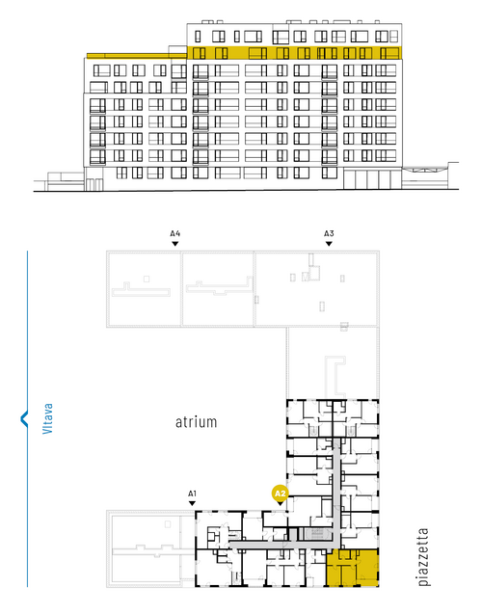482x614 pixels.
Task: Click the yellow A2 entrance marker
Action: point(280,493)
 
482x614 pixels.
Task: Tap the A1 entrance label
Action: point(192,494)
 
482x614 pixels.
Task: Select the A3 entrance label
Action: point(329,233)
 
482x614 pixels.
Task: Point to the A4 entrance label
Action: point(175,233)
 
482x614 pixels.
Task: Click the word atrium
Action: point(196,422)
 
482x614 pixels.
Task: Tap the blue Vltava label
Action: point(47,418)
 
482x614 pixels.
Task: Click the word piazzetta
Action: point(423,557)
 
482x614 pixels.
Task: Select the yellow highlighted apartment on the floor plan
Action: point(353,568)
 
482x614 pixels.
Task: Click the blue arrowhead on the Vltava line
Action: point(24,418)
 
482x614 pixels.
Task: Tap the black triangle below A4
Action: point(175,244)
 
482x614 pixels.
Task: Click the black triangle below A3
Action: point(329,244)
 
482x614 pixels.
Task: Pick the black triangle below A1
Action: point(192,503)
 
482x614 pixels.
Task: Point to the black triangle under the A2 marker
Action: point(280,503)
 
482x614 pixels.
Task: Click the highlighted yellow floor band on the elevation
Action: point(294,53)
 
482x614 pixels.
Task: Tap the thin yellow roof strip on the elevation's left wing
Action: point(137,56)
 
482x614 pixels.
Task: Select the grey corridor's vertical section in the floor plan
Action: point(336,493)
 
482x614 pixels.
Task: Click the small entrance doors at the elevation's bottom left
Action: point(94,185)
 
